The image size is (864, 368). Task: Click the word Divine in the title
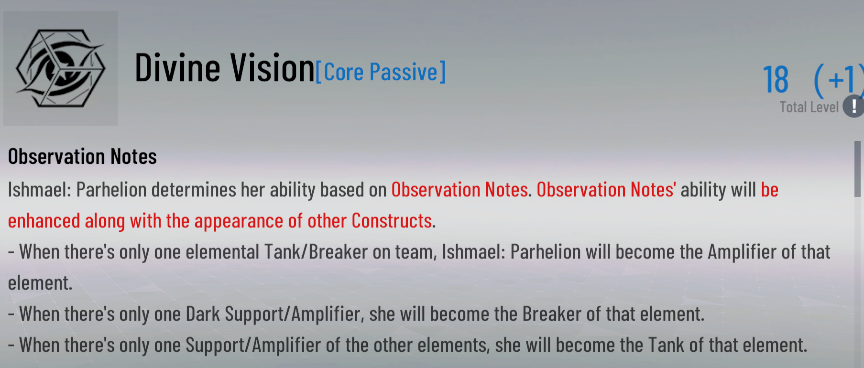(176, 68)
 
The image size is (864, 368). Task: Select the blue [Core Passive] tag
(381, 72)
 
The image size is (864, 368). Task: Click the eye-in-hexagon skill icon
(61, 68)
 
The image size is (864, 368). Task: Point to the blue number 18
(776, 79)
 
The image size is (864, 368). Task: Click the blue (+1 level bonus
(838, 79)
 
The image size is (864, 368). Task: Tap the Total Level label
(809, 107)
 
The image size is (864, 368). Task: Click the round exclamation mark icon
(854, 106)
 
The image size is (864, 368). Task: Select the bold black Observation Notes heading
(82, 157)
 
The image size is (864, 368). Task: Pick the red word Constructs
(392, 221)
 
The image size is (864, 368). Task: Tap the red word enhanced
(44, 221)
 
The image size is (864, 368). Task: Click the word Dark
(203, 314)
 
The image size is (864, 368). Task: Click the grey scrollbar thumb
(857, 168)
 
